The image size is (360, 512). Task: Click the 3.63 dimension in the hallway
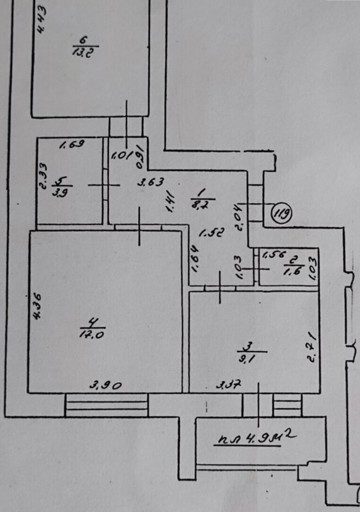pyautogui.click(x=151, y=183)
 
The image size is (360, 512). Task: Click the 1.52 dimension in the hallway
pyautogui.click(x=211, y=233)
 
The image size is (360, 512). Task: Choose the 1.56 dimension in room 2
pyautogui.click(x=274, y=254)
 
